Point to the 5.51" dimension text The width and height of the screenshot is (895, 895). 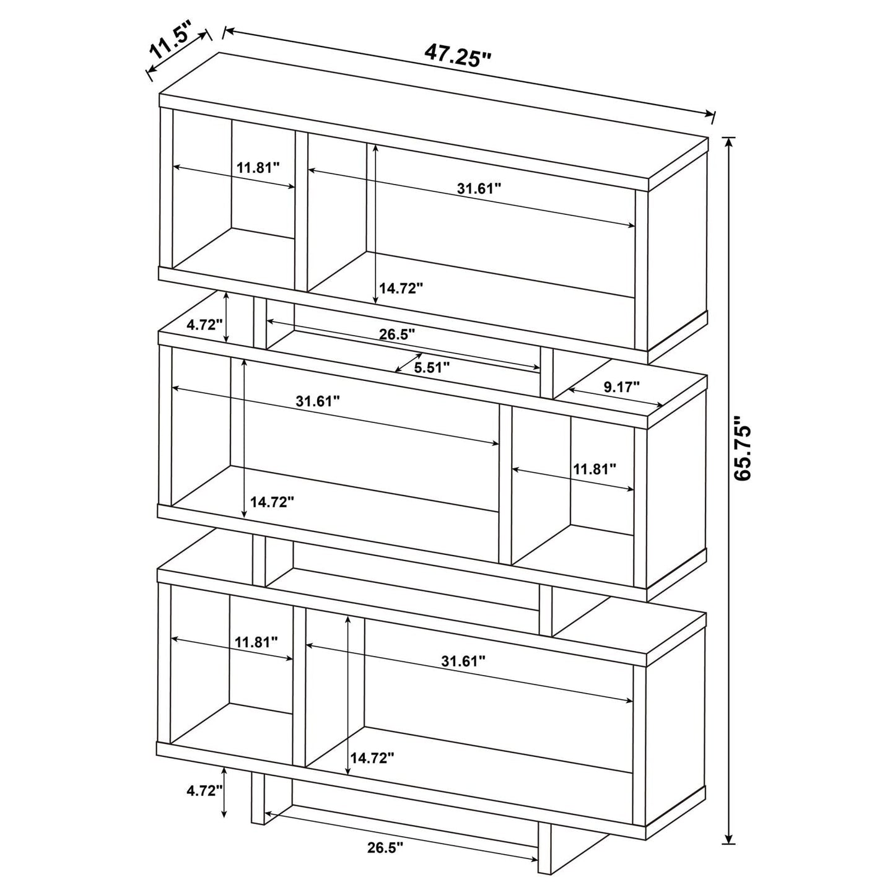pos(432,367)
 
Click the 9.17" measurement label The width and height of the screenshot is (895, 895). pos(621,387)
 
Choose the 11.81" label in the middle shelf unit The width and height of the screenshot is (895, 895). pos(595,468)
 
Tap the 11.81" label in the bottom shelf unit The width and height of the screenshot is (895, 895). pos(256,642)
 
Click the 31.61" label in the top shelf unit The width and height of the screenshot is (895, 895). pos(479,188)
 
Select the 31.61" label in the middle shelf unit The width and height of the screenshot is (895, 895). pos(318,401)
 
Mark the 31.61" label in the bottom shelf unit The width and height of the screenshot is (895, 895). pos(463,661)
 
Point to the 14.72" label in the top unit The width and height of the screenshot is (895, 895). pos(401,287)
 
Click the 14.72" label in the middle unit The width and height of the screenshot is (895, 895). pos(272,502)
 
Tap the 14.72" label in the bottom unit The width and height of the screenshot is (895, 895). pos(372,757)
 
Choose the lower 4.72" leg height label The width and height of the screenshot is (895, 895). pos(204,790)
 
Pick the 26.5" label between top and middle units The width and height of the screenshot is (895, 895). pos(397,334)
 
